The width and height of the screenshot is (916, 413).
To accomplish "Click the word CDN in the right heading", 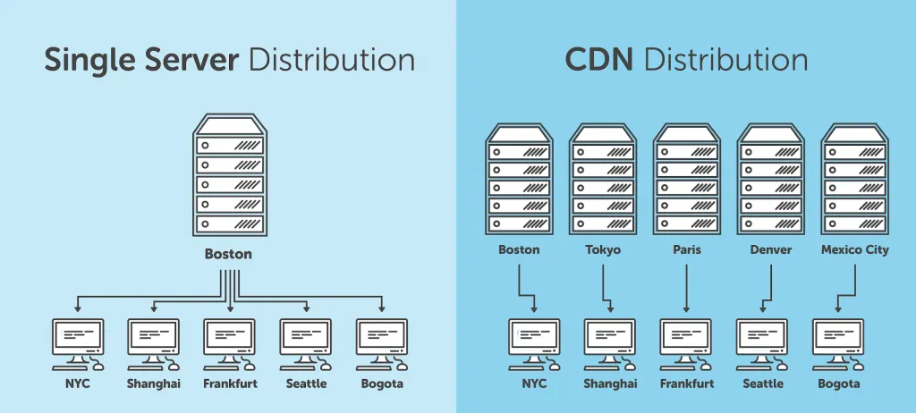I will click(599, 60).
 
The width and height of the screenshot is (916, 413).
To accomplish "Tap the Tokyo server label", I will click(603, 250).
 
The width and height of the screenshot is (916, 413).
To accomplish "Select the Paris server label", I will click(686, 250).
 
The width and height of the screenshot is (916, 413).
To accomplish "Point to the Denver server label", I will click(770, 250).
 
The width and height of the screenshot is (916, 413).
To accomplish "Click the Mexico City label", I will click(854, 250).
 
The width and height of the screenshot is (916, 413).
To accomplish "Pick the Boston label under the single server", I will click(228, 254).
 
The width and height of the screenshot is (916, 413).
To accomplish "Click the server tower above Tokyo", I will click(603, 179).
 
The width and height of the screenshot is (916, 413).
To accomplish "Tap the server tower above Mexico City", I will click(854, 179).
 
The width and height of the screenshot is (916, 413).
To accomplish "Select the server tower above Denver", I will click(770, 179).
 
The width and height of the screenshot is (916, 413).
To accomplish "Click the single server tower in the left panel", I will click(229, 175).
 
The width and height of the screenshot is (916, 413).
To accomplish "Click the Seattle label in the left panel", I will click(307, 384).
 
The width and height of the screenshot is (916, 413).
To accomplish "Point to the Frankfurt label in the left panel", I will click(231, 384).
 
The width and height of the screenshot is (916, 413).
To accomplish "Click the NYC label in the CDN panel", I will click(534, 384).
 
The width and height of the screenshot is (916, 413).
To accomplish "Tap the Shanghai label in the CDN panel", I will click(610, 384).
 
